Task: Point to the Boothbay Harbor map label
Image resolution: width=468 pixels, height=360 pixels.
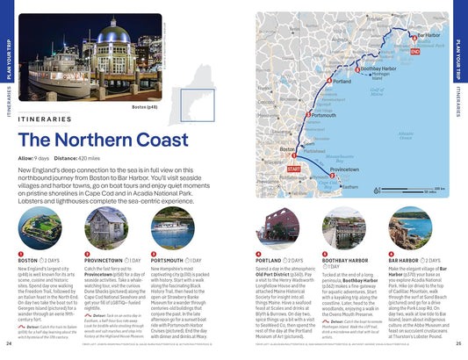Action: (378, 68)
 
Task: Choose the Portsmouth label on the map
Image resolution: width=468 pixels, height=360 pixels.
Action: (323, 115)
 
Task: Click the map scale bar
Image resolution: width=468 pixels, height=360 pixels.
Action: (421, 191)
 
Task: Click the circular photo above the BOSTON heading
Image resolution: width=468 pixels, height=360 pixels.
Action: (40, 227)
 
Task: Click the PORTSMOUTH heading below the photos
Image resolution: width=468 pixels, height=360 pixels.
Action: (170, 261)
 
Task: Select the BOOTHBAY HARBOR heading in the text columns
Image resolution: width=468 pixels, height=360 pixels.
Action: (349, 261)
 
